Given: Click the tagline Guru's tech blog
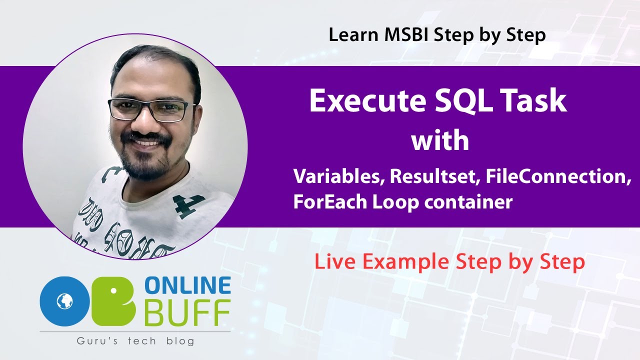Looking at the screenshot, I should pyautogui.click(x=135, y=341).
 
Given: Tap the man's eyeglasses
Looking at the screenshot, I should pyautogui.click(x=152, y=108).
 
